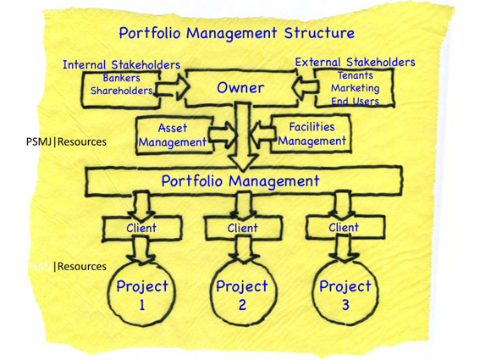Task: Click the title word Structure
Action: pos(319,33)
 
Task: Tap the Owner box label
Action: pos(240,88)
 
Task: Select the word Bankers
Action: pos(122,78)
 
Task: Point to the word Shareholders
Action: pos(122,91)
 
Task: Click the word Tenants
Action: pos(355,75)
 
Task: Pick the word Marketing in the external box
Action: pos(355,88)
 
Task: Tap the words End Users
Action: pos(355,101)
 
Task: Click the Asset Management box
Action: pos(174,136)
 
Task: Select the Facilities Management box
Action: pos(311,134)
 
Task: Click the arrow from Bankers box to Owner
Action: pos(172,88)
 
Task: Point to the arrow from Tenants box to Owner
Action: pos(305,87)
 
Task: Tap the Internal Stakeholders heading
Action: pos(122,65)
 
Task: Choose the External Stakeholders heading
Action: pos(355,62)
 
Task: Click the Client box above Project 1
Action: pos(141,228)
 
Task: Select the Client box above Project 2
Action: pos(243,228)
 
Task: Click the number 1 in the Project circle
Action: pos(142,305)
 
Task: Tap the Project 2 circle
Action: pos(212,291)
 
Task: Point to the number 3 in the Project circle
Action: pos(345,305)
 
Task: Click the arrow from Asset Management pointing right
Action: pos(223,135)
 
